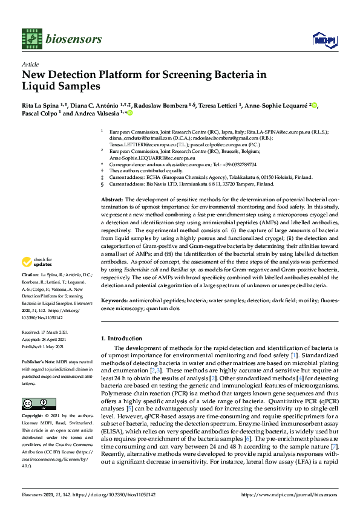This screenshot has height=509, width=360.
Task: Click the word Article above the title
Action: tap(30, 65)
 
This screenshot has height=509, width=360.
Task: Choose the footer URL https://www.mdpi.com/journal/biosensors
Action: tap(290, 494)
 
